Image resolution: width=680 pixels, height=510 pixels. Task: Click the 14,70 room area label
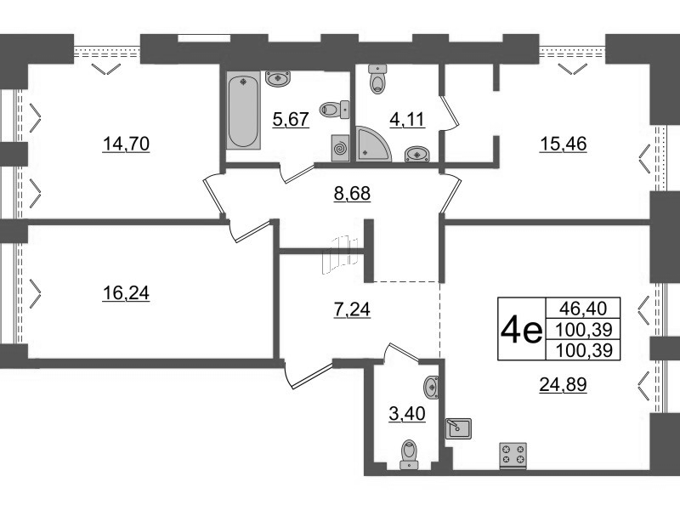coord(126,144)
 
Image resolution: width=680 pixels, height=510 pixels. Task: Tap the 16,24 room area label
coord(126,293)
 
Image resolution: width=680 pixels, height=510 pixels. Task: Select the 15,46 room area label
coord(563,144)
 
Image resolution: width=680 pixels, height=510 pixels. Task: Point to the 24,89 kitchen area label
coord(563,384)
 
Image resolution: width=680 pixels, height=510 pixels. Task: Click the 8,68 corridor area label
coord(352,193)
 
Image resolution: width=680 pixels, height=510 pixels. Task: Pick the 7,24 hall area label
coord(352,309)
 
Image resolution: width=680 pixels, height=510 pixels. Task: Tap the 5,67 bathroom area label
coord(291,119)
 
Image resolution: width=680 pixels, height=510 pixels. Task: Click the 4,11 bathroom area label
coord(407,119)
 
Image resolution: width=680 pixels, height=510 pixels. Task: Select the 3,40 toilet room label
coord(407,414)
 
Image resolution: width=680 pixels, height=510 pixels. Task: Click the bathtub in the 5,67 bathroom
coord(243,110)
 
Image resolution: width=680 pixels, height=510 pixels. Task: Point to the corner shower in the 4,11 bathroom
coord(373,144)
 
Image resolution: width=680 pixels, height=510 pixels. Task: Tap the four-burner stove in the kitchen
coord(513,456)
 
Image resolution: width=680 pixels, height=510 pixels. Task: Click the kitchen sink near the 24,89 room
coord(459,428)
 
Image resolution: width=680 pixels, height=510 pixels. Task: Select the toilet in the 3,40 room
coord(409,455)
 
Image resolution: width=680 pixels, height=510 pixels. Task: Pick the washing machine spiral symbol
coord(341,148)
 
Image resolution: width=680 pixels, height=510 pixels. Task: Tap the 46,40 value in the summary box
coord(583,309)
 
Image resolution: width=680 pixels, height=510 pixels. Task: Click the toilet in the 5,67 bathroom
coord(334,110)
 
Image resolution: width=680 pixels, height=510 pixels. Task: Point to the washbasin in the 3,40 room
coord(431,387)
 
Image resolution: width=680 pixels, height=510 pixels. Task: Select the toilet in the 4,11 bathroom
coord(377,79)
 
